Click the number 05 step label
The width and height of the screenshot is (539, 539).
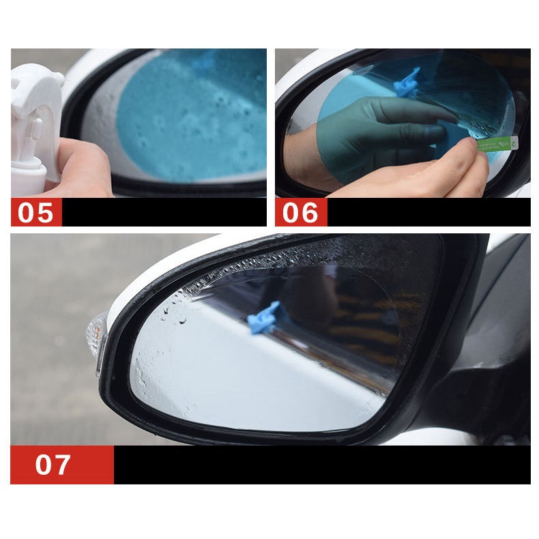(x=36, y=212)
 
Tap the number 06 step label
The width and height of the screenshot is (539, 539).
(x=300, y=212)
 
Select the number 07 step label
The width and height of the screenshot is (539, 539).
(x=53, y=465)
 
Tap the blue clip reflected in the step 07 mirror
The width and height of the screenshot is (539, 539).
(x=264, y=318)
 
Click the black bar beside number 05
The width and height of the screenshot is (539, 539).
(x=164, y=212)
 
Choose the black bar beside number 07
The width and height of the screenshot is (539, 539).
(x=321, y=465)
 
